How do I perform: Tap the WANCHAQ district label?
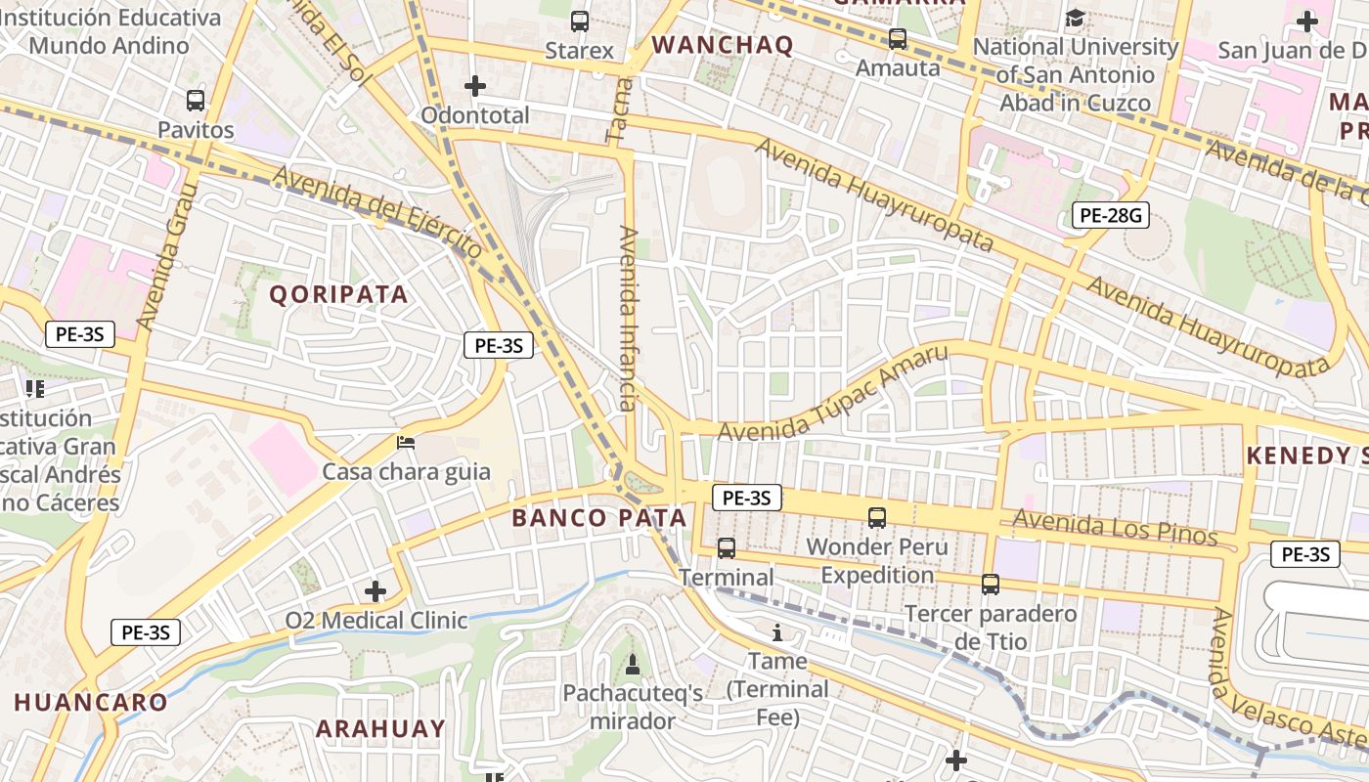[723, 45]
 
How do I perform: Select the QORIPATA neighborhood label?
[338, 294]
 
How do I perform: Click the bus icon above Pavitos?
[196, 101]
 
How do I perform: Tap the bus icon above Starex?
[580, 21]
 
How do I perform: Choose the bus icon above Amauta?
[898, 39]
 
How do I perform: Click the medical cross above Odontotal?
[475, 86]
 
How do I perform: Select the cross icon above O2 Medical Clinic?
[375, 591]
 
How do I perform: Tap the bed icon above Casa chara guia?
[406, 443]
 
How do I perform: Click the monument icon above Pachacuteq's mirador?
[633, 665]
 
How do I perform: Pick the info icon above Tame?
[777, 632]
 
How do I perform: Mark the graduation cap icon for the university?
[1076, 19]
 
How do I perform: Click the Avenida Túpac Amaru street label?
[833, 395]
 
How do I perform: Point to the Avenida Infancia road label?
[628, 318]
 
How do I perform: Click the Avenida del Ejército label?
[378, 211]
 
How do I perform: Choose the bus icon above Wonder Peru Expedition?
[877, 518]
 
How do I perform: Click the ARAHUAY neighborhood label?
[380, 729]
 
